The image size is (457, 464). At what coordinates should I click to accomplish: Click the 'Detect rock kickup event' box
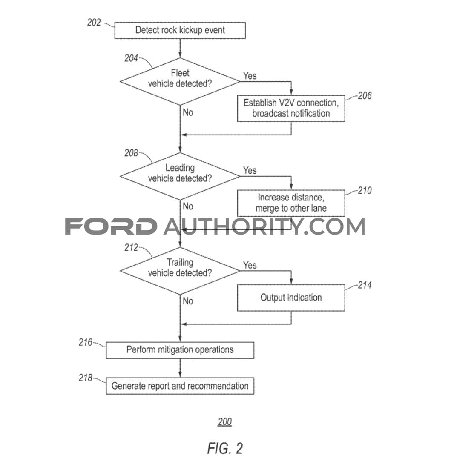point(180,30)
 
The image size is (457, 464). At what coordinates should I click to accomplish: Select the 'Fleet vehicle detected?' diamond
point(180,81)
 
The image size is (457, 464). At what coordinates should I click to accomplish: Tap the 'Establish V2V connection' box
point(291,108)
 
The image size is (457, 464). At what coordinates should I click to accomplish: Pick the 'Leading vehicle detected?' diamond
point(180,176)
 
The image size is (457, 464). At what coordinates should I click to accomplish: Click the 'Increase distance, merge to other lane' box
point(291,203)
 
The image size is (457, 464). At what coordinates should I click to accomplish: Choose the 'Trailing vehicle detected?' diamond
point(180,271)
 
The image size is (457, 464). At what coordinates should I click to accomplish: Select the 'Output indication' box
point(291,298)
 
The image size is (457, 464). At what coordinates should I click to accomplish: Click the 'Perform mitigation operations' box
point(180,350)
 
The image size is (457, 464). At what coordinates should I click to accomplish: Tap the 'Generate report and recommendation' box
point(180,386)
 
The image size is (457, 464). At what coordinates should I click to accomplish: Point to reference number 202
point(94,23)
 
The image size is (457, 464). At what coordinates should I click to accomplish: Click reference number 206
point(365,96)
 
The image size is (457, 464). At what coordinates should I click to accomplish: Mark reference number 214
point(365,285)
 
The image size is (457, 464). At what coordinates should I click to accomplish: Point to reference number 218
point(86,378)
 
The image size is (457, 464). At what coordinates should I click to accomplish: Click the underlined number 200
point(224,422)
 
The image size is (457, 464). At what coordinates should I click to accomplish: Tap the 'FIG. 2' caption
point(225,448)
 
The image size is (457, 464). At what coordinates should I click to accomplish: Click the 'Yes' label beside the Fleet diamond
point(250,76)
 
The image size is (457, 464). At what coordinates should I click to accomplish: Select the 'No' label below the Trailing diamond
point(188,301)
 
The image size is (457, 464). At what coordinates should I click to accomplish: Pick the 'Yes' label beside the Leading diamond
point(250,170)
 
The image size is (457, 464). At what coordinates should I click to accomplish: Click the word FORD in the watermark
point(111,226)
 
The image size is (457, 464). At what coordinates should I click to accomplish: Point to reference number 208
point(131,153)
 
